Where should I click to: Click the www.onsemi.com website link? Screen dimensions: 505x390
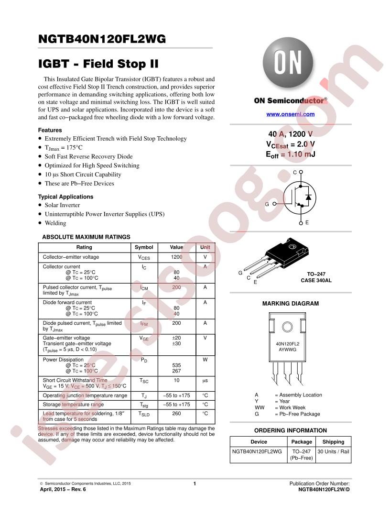pos(290,114)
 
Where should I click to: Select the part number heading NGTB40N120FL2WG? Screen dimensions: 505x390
pos(102,40)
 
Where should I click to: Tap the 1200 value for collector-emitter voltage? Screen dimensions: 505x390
pos(176,257)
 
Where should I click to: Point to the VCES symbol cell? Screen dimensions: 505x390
pos(144,257)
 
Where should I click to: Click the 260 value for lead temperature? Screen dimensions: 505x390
pos(176,413)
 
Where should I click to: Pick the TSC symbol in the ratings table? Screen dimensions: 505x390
pos(144,381)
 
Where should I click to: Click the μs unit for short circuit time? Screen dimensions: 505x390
pos(205,381)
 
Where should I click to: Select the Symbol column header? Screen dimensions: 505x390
pos(144,247)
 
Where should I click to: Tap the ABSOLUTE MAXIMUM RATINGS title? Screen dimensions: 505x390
pos(86,237)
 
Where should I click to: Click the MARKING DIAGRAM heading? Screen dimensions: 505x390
pos(290,304)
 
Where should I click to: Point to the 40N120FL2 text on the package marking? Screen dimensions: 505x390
pos(287,344)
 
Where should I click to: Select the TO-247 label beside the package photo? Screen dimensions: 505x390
pos(316,274)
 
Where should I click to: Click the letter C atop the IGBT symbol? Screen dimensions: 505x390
pos(295,172)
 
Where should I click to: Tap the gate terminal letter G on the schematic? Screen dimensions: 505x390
pos(267,204)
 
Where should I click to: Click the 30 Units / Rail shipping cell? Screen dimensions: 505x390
pos(333,451)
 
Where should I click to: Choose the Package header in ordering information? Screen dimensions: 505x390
pos(302,442)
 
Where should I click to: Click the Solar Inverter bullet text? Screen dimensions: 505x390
pos(63,205)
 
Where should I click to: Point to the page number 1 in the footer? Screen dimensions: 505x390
pos(195,484)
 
